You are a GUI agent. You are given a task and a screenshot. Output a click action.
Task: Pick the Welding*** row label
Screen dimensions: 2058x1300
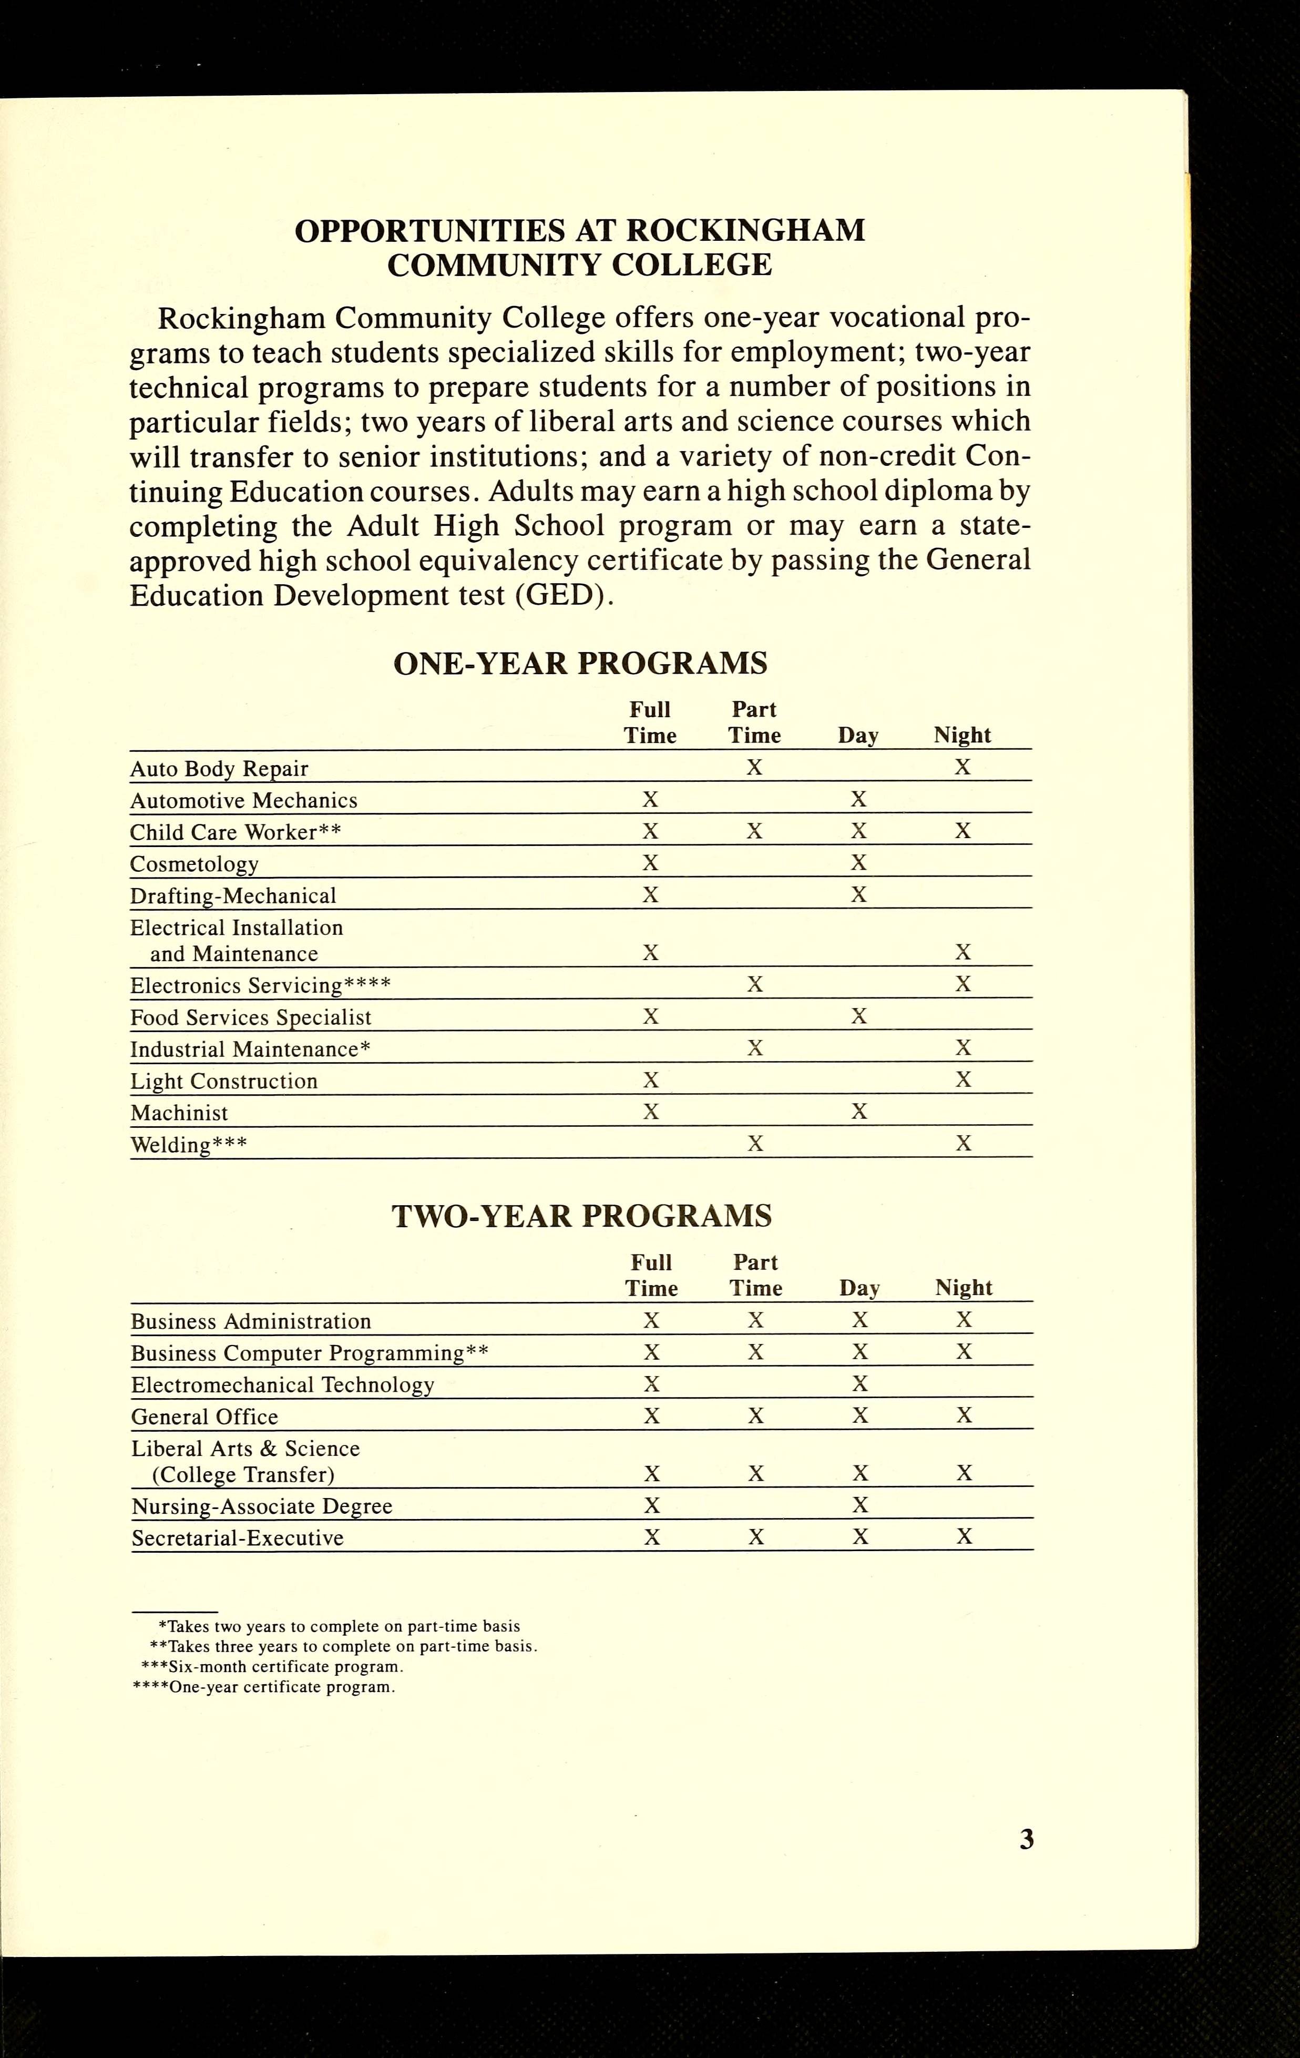(188, 1144)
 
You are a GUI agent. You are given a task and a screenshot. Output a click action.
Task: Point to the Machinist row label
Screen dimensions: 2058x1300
(179, 1113)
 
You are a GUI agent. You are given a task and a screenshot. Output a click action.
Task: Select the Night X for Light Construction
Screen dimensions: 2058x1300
(963, 1079)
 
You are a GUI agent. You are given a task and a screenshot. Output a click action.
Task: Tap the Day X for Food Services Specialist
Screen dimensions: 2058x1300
(859, 1016)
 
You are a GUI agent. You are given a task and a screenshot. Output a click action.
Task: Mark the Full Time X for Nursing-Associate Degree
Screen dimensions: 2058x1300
(651, 1504)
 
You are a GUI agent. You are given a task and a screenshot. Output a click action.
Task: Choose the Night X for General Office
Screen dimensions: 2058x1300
(964, 1415)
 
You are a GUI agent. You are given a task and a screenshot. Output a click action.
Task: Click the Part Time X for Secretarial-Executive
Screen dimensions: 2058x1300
(755, 1536)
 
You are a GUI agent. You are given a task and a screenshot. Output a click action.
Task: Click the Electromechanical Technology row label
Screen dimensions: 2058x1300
(282, 1384)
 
